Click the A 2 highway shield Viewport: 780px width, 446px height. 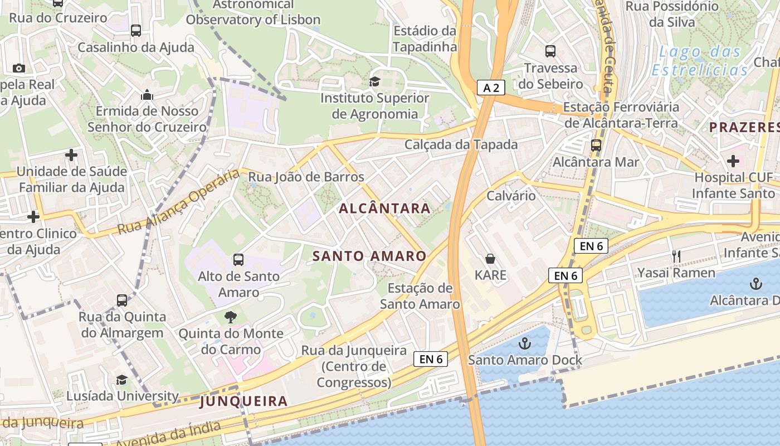(491, 87)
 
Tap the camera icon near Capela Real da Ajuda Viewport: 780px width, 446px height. (19, 68)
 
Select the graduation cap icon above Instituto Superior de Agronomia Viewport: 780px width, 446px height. (375, 82)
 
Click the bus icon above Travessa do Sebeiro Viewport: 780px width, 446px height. (550, 51)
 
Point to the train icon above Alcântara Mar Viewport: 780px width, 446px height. (596, 146)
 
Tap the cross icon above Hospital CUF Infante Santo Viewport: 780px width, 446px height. (733, 161)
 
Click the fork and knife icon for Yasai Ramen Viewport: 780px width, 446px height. (676, 256)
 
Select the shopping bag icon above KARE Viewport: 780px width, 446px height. (490, 259)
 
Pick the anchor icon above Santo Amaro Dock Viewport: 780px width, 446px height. (525, 343)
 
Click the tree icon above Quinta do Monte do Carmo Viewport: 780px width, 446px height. (230, 317)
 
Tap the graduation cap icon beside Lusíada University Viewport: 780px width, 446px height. (121, 380)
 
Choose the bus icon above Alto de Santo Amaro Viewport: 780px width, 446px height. (238, 259)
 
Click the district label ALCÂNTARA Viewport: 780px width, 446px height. (385, 209)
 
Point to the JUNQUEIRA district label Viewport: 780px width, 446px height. (244, 401)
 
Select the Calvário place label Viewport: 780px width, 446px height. (511, 196)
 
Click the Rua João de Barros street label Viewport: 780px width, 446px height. (306, 177)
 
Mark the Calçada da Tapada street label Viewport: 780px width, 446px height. (461, 144)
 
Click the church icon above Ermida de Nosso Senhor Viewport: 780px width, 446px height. (147, 95)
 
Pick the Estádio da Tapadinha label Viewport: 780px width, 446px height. (425, 38)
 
